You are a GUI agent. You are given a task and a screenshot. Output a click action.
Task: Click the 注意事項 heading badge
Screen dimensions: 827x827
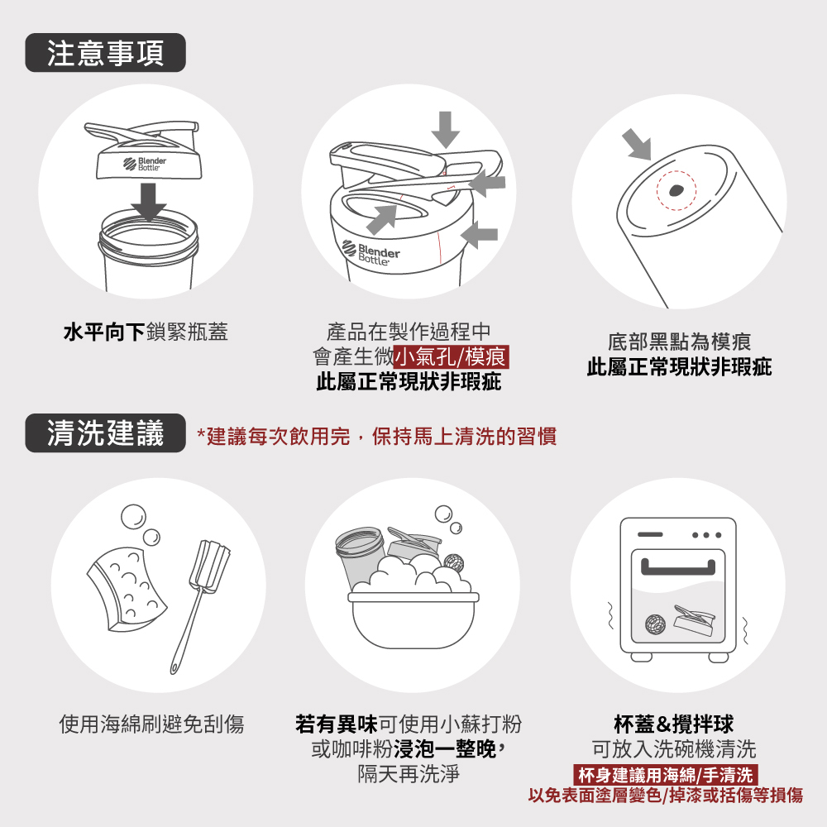point(106,53)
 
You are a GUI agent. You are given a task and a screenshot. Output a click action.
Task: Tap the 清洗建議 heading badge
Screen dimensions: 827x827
point(106,433)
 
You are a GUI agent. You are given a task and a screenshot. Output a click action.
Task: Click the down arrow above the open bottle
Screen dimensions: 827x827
point(148,202)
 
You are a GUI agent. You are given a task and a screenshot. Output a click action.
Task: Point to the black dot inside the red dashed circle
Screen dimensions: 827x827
point(676,190)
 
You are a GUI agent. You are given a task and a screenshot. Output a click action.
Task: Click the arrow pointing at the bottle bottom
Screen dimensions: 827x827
point(637,144)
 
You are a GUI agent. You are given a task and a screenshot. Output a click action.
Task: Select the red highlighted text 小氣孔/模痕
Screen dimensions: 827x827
point(451,356)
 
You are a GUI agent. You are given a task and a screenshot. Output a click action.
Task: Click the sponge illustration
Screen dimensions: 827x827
point(127,588)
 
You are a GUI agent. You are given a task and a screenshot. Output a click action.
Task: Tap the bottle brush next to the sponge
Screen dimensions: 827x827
point(200,606)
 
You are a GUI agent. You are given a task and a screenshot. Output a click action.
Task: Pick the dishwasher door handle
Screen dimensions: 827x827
point(678,567)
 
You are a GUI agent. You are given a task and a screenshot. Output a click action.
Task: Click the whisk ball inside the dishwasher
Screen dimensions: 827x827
point(655,624)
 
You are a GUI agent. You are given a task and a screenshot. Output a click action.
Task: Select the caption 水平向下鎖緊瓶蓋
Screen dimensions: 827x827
point(146,332)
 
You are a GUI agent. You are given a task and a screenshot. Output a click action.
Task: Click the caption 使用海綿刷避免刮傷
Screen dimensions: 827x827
point(151,724)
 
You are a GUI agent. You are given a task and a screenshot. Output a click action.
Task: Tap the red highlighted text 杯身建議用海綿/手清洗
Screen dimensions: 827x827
point(666,775)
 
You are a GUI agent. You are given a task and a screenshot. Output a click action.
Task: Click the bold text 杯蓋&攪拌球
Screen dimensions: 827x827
point(673,724)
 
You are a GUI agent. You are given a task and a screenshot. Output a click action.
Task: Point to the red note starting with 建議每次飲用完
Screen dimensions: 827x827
point(376,436)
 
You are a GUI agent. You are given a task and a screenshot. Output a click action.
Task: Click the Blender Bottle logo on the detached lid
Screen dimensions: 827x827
point(145,164)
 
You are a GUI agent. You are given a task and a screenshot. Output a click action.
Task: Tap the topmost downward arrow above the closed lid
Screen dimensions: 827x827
point(446,130)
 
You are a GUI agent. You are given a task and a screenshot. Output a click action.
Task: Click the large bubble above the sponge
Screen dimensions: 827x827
point(133,518)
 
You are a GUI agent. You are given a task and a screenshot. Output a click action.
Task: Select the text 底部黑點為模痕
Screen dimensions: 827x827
point(679,342)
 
